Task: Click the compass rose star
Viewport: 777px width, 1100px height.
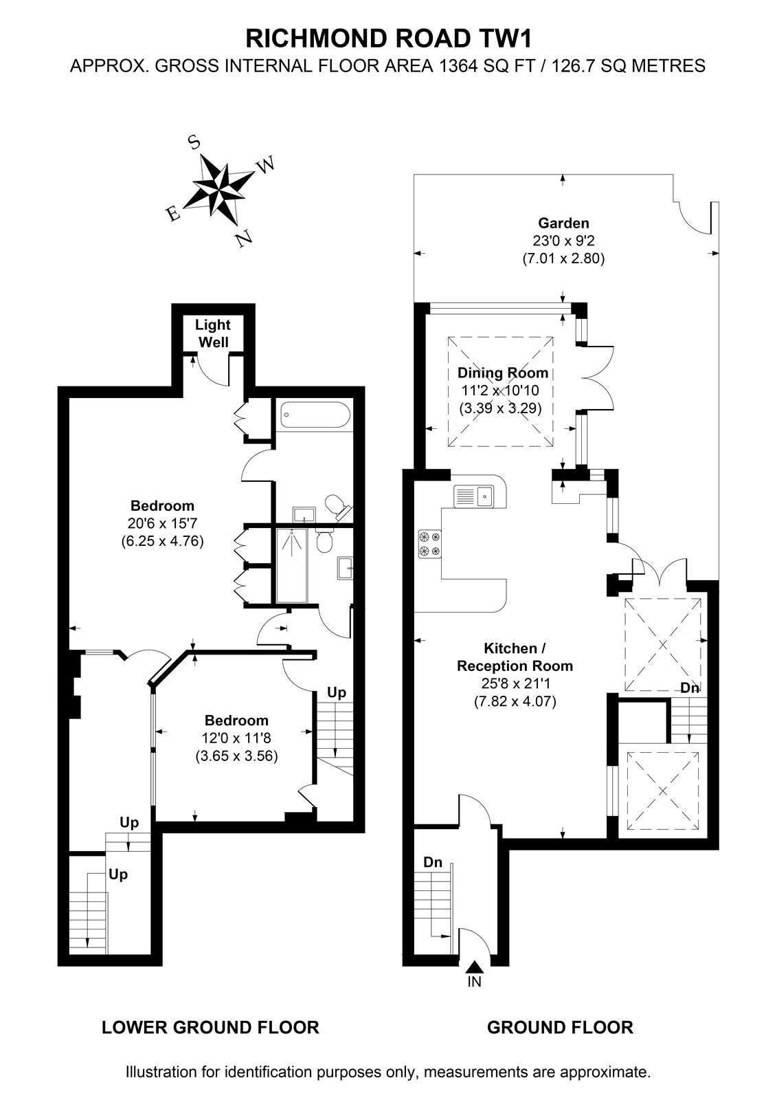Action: [219, 188]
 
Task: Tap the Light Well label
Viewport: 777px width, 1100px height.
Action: [213, 333]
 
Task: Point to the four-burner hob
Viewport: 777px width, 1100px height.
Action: [429, 544]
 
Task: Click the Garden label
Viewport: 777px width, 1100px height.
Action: [563, 223]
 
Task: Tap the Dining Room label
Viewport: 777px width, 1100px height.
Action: [503, 373]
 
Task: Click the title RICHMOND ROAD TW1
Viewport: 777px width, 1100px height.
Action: [388, 39]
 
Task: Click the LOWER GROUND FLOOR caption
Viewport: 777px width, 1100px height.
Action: [210, 1027]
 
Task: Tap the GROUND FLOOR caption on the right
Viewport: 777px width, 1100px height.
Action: [560, 1027]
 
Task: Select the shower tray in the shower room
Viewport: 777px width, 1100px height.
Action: [291, 565]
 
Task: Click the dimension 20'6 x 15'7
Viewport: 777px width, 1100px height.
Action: [162, 523]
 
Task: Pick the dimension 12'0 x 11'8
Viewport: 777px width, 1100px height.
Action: [236, 738]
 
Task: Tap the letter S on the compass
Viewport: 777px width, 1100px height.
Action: [195, 143]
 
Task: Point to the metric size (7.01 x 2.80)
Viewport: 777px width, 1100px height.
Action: [563, 258]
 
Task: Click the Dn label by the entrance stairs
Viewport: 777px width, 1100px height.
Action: [433, 862]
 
